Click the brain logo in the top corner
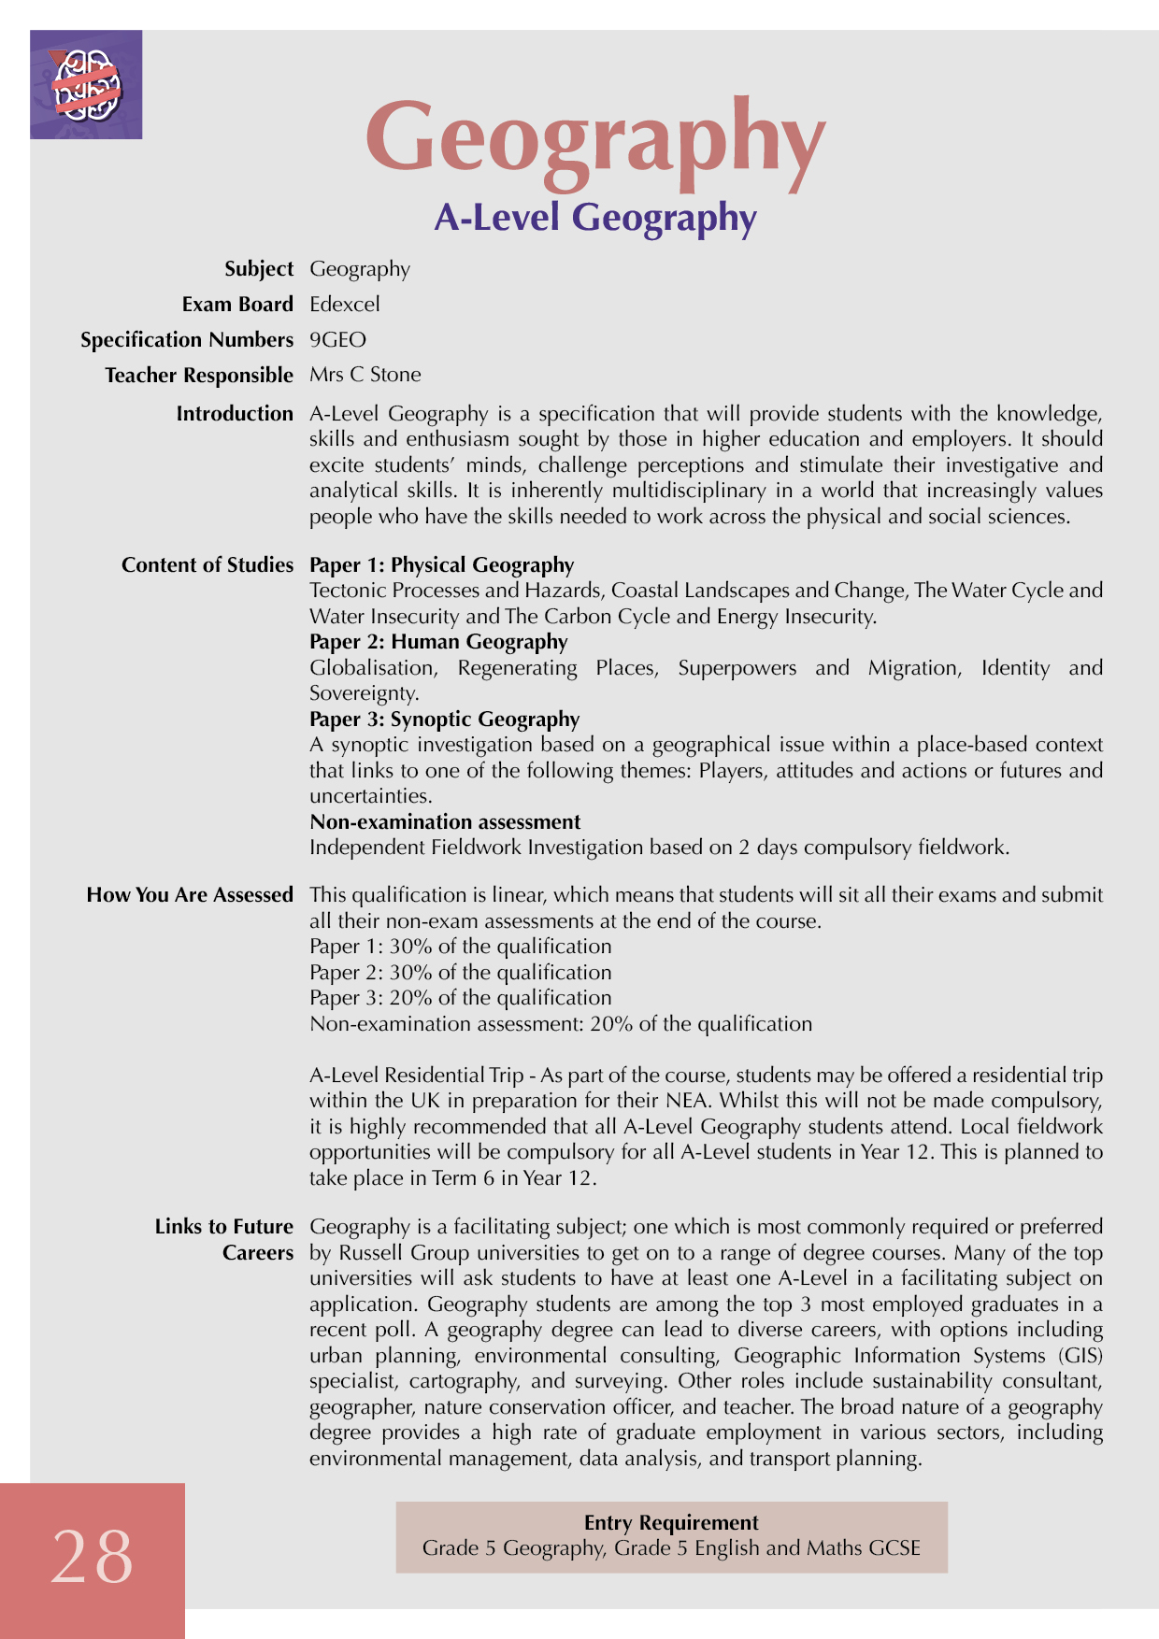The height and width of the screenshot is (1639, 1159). [x=86, y=85]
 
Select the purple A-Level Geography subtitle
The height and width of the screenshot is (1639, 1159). [x=595, y=218]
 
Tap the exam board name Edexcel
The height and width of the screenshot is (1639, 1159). [x=345, y=305]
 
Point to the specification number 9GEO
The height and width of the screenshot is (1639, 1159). [x=337, y=340]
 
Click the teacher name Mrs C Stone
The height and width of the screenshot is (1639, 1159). [x=365, y=375]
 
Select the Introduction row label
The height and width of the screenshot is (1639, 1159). [x=235, y=414]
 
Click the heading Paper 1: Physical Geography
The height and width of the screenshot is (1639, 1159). [x=441, y=565]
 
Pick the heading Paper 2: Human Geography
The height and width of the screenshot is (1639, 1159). [x=438, y=642]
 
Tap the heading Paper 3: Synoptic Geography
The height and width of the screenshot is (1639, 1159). [x=444, y=720]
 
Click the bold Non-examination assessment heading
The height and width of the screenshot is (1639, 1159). [x=445, y=822]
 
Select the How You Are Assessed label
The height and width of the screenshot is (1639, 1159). [x=190, y=895]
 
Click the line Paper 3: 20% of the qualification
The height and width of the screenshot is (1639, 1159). [x=460, y=998]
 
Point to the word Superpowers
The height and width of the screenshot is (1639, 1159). [x=737, y=668]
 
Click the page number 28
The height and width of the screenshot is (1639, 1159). [x=92, y=1558]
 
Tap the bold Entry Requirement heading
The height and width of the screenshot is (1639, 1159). [x=671, y=1523]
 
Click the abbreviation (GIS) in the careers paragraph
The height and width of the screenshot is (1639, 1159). [x=1080, y=1356]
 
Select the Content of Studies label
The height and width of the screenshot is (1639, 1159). [x=207, y=565]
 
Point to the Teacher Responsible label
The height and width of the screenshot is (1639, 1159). [x=199, y=376]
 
